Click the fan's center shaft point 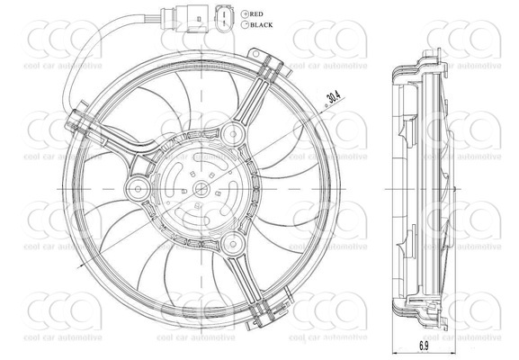pyautogui.click(x=200, y=189)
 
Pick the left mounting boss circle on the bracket pyautogui.click(x=138, y=189)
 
